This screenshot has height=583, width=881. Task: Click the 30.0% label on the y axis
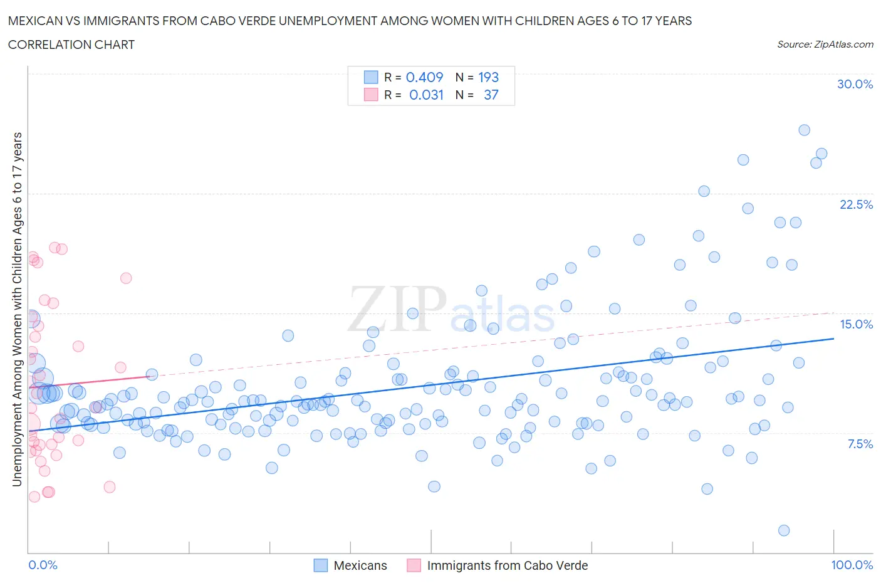[x=855, y=84]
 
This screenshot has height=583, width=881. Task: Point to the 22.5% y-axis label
[x=856, y=204]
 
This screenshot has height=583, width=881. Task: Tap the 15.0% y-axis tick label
[x=856, y=324]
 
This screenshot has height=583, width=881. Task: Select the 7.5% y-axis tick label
[x=860, y=444]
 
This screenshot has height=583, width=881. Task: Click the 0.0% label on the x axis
[x=43, y=565]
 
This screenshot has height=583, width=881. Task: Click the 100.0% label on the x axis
[x=852, y=565]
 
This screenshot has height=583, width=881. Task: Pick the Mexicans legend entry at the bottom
[x=360, y=565]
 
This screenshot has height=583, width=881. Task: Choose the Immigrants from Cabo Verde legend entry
[x=507, y=565]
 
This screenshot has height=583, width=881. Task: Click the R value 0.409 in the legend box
[x=424, y=77]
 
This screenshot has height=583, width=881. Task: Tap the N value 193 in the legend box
[x=488, y=77]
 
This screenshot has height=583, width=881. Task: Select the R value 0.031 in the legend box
[x=426, y=95]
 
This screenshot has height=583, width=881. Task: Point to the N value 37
[x=491, y=95]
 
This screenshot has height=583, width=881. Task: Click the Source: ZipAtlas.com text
[x=825, y=44]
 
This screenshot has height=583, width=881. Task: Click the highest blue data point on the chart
[x=804, y=130]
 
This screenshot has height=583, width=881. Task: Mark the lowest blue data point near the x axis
[x=784, y=530]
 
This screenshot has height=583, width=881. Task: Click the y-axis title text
[x=17, y=309]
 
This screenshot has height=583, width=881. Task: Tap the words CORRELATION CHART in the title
[x=71, y=45]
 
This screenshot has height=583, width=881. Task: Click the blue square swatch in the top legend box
[x=371, y=77]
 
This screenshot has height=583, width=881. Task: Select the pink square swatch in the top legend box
[x=371, y=95]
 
